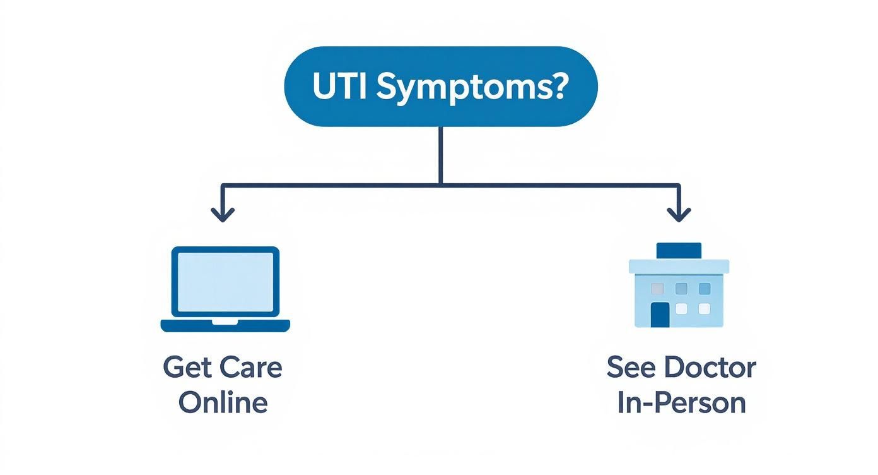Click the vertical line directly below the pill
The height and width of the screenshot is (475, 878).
[x=440, y=155]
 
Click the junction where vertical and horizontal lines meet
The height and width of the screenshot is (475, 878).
[x=440, y=184]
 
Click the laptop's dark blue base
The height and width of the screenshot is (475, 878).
[x=225, y=326]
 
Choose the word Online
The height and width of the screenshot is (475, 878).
[x=223, y=402]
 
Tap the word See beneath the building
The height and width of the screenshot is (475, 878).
[x=631, y=368]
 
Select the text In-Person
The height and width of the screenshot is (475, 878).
[x=681, y=402]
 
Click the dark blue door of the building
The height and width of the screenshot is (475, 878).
[x=660, y=315]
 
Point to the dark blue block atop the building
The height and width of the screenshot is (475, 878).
[x=679, y=251]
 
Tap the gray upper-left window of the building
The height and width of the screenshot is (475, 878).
[x=657, y=289]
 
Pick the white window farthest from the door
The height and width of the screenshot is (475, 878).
[x=704, y=309]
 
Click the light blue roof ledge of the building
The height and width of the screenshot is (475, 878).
[x=679, y=266]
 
